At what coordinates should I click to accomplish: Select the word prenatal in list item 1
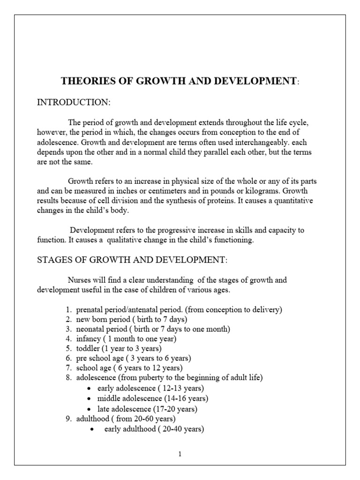tap(90, 310)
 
